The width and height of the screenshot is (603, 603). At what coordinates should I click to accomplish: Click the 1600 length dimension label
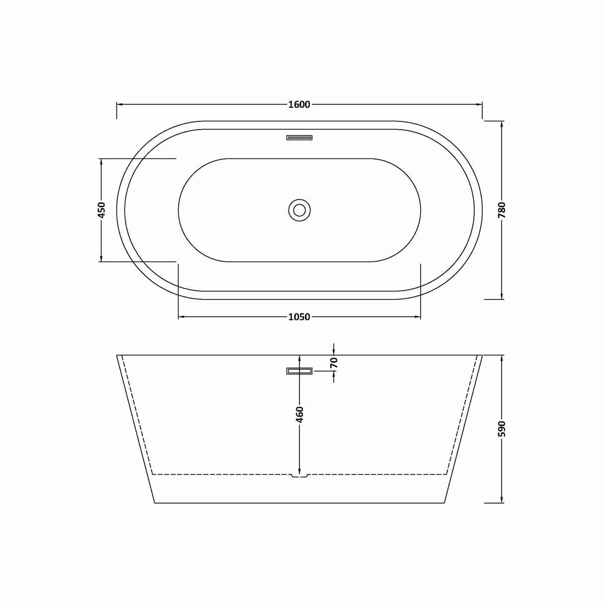[x=299, y=104]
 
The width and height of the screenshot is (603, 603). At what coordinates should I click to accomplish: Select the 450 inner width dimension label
[x=101, y=210]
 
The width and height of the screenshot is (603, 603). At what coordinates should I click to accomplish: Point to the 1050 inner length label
[x=299, y=317]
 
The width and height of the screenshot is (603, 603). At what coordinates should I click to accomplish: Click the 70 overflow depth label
[x=334, y=363]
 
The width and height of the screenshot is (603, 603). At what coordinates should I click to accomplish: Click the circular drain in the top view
[x=299, y=210]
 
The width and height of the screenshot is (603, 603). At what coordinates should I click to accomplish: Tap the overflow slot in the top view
[x=299, y=138]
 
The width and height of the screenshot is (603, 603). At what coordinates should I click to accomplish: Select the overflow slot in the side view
[x=299, y=371]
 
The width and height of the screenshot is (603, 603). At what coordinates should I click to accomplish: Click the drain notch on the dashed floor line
[x=299, y=476]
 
